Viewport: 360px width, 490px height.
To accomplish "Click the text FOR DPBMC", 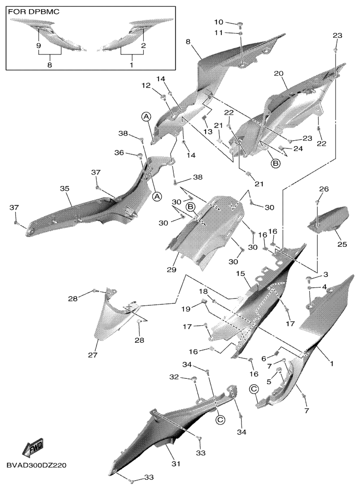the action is (33, 12).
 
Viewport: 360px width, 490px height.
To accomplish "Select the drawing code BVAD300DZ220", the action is (36, 465).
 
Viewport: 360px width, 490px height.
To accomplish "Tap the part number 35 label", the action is (65, 189).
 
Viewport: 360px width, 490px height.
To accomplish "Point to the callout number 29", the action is (171, 269).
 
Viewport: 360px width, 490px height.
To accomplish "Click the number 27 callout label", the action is (93, 355).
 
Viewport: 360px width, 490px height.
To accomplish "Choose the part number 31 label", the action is (176, 464).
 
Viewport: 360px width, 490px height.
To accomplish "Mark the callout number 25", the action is (342, 244).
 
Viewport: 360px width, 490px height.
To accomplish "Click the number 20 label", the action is (279, 73).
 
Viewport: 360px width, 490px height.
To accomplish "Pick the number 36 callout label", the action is (119, 153).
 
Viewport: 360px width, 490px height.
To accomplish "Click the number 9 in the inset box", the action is (38, 46).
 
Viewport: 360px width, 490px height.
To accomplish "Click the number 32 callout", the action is (174, 377).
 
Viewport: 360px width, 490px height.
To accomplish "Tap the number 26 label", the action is (324, 189).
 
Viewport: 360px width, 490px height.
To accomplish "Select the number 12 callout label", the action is (146, 85).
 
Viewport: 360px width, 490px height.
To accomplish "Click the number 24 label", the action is (298, 149).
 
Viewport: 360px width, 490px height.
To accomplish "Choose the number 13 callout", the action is (207, 132).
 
